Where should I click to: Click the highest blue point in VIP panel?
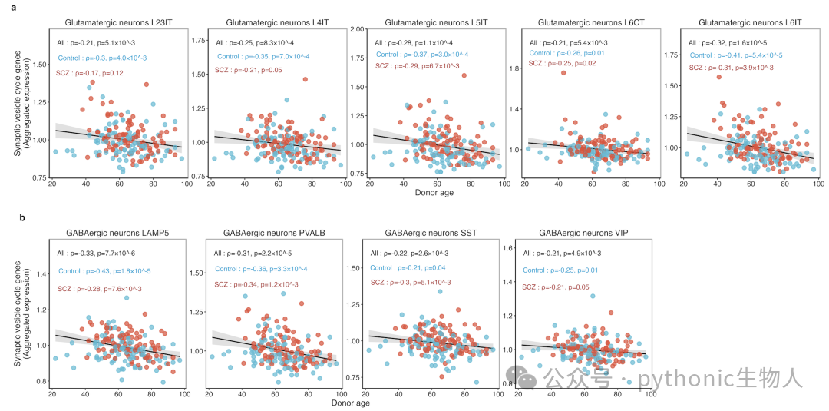pyautogui.click(x=593, y=297)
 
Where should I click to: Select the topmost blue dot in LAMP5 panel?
pyautogui.click(x=127, y=298)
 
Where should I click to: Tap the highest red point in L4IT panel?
pyautogui.click(x=305, y=79)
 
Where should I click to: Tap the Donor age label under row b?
pyautogui.click(x=352, y=403)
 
